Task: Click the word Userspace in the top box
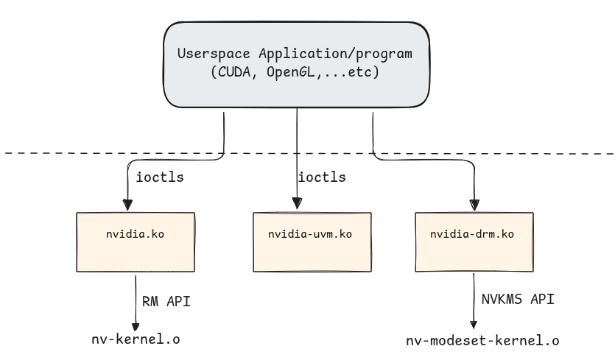coord(214,54)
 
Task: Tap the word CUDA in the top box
coord(234,72)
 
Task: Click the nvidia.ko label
coord(135,234)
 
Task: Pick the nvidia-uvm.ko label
coord(310,234)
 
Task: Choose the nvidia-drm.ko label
coord(472,234)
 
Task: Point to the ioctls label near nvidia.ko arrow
coord(160,177)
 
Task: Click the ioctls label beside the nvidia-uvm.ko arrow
coord(322,177)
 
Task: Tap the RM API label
coord(166,302)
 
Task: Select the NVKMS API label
coord(518,299)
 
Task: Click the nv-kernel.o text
coord(136,339)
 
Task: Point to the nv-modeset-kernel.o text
coord(482,341)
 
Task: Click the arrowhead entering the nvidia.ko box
coord(127,205)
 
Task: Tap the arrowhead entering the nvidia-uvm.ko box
coord(297,203)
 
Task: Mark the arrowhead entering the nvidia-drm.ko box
coord(474,205)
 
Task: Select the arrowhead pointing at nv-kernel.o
coord(136,327)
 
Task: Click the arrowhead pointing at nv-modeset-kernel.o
coord(474,325)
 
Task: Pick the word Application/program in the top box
coord(335,54)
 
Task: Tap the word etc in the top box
coord(359,72)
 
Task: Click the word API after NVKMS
coord(542,299)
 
